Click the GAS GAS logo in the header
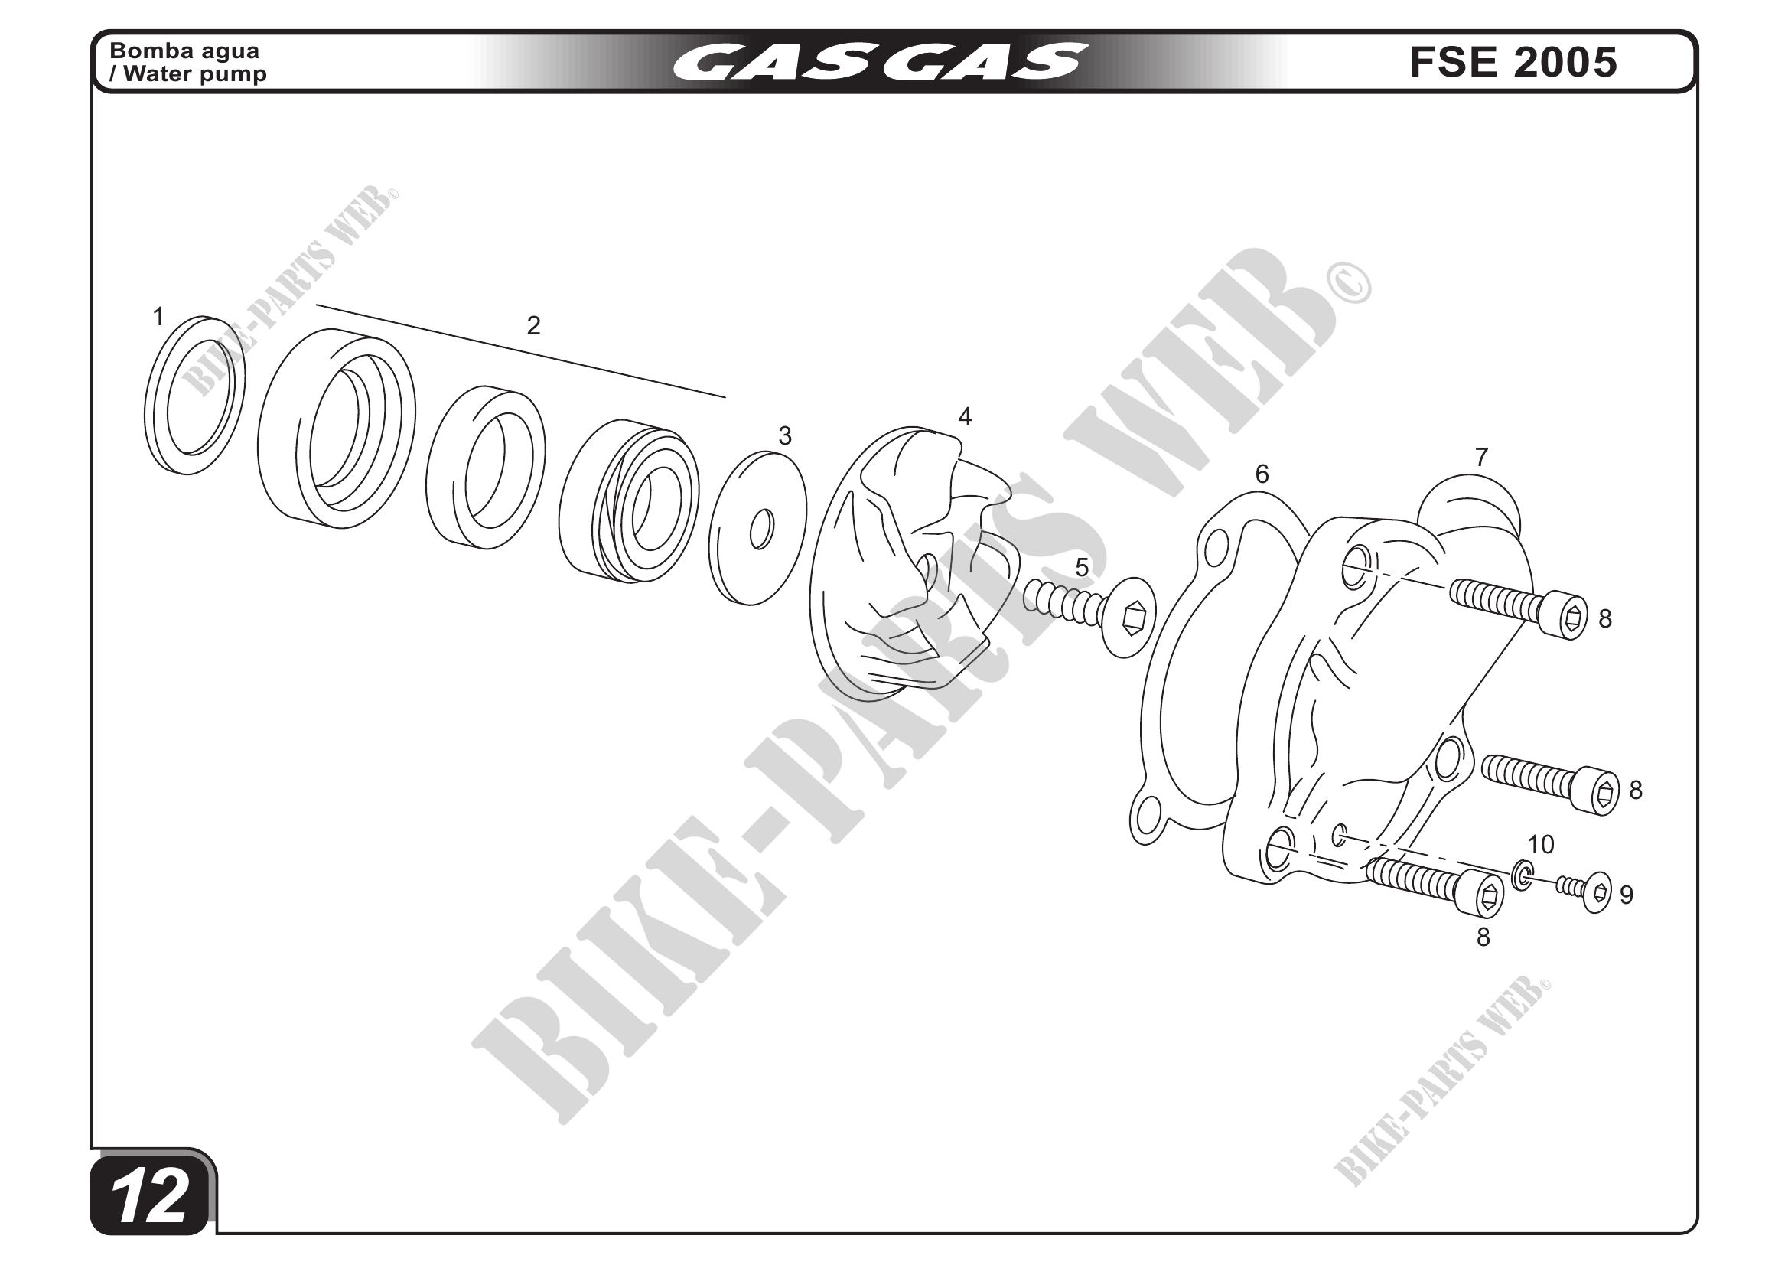(879, 61)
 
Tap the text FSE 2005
(1513, 62)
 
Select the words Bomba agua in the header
(184, 51)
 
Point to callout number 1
(158, 317)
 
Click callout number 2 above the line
(533, 325)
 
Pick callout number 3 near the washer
(785, 436)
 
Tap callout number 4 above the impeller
(965, 417)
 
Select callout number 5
(1082, 568)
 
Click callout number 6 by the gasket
(1262, 474)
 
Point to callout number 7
(1482, 456)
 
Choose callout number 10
(1540, 844)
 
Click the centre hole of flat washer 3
(761, 530)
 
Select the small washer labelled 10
(1523, 875)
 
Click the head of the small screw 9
(1597, 892)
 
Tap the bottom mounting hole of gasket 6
(1145, 818)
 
